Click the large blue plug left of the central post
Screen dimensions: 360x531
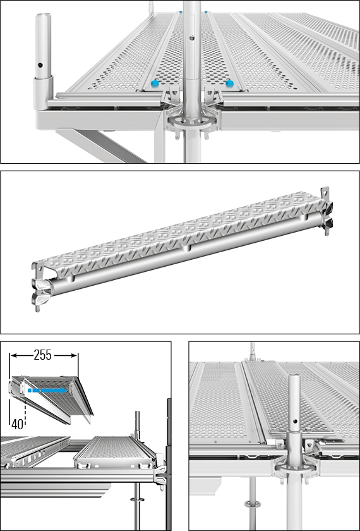pyautogui.click(x=155, y=83)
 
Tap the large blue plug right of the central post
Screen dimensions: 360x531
pyautogui.click(x=229, y=83)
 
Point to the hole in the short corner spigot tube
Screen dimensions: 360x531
pyautogui.click(x=40, y=65)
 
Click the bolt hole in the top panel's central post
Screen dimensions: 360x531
pyautogui.click(x=192, y=38)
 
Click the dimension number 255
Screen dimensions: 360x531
pyautogui.click(x=43, y=355)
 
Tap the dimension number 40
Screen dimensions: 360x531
pyautogui.click(x=17, y=424)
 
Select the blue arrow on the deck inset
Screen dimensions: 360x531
pyautogui.click(x=47, y=391)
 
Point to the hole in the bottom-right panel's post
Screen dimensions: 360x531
pyautogui.click(x=296, y=421)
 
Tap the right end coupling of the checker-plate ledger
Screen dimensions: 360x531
pyautogui.click(x=327, y=211)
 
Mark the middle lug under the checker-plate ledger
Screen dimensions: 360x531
pyautogui.click(x=186, y=249)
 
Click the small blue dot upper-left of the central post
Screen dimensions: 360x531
pyautogui.click(x=181, y=12)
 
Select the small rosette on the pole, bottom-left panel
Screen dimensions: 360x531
pyautogui.click(x=137, y=499)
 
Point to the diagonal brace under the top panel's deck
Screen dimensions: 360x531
pyautogui.click(x=102, y=146)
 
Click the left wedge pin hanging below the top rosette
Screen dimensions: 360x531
pyautogui.click(x=177, y=134)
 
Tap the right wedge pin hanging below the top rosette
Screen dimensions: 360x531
pyautogui.click(x=206, y=134)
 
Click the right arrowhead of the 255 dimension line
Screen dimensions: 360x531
pyautogui.click(x=75, y=355)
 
